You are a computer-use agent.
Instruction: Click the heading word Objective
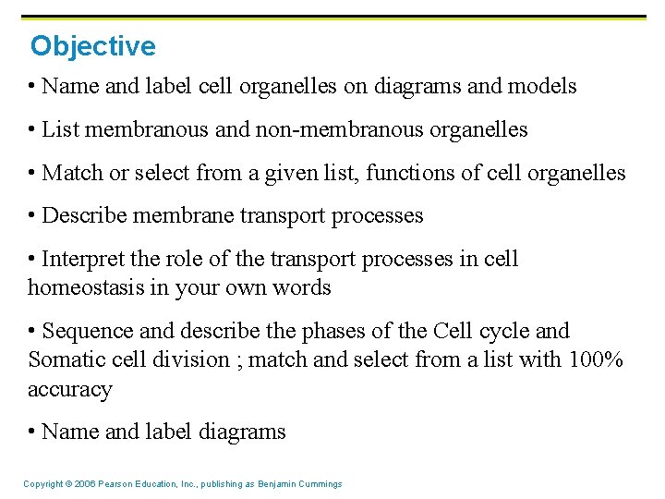92,45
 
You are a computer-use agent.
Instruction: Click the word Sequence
88,331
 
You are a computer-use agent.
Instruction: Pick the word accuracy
69,389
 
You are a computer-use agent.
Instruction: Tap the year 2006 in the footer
82,484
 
